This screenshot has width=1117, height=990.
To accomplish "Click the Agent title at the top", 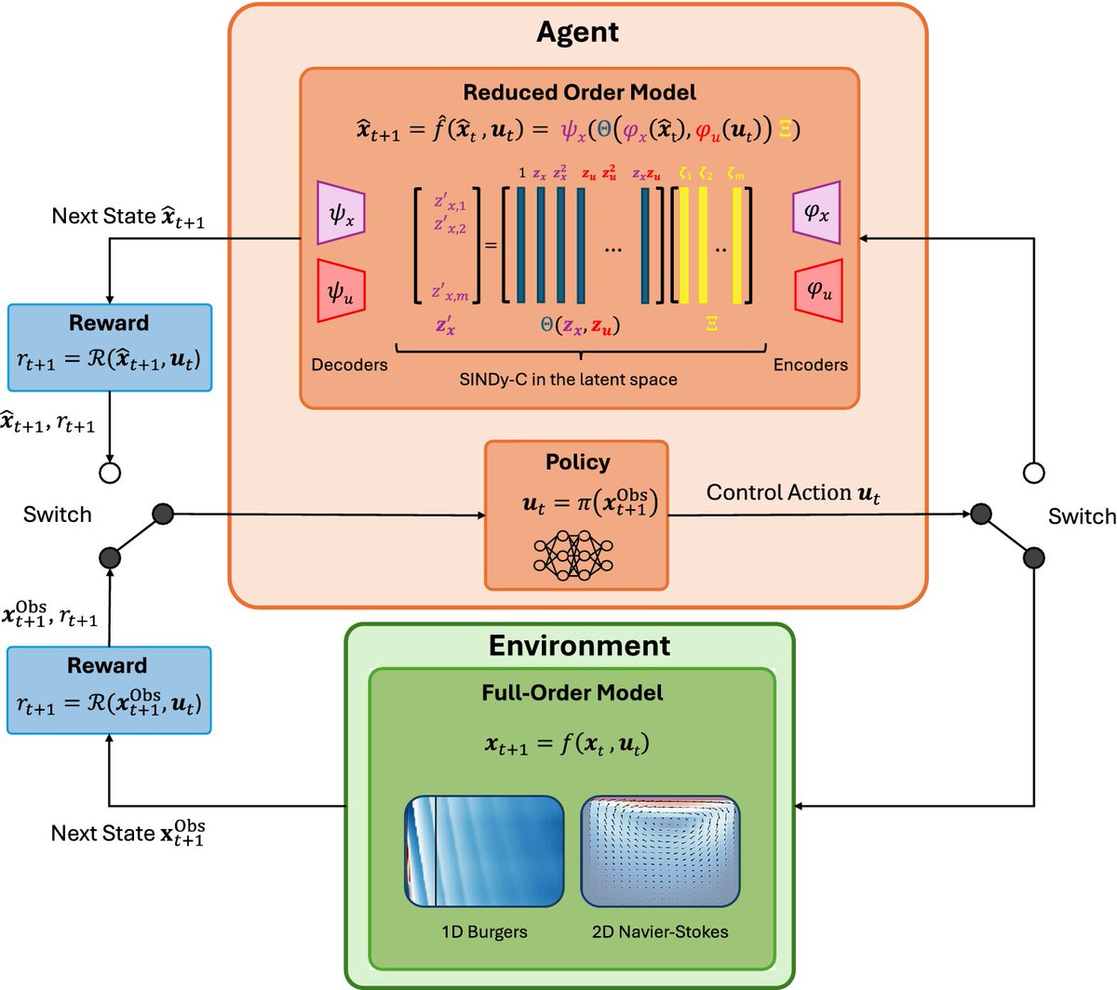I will click(x=577, y=33).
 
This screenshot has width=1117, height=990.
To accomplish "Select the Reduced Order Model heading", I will click(x=579, y=92).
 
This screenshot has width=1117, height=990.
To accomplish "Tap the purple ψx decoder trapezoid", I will click(x=342, y=215).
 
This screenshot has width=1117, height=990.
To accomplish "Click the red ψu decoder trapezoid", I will click(x=342, y=291).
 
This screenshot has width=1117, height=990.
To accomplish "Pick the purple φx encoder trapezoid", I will click(x=816, y=213).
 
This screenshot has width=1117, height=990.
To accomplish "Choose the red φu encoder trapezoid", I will click(x=818, y=290).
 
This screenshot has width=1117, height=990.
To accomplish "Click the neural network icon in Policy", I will click(x=574, y=555).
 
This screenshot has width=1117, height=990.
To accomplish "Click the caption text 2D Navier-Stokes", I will click(x=660, y=931).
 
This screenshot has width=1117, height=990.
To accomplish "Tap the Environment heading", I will click(x=579, y=646).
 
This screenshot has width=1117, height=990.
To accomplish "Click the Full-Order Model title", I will click(x=572, y=692).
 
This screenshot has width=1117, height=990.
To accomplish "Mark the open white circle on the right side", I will click(x=1033, y=473).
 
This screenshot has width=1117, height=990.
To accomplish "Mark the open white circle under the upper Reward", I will click(x=110, y=473).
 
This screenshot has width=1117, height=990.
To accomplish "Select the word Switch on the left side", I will click(x=57, y=515).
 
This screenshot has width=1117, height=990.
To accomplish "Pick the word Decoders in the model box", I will click(x=349, y=365).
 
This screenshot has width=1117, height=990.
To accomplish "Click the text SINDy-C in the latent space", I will click(x=568, y=379).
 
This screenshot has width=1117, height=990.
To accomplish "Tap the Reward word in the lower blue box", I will click(x=107, y=665).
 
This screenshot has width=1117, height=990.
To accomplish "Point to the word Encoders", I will click(x=810, y=365).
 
